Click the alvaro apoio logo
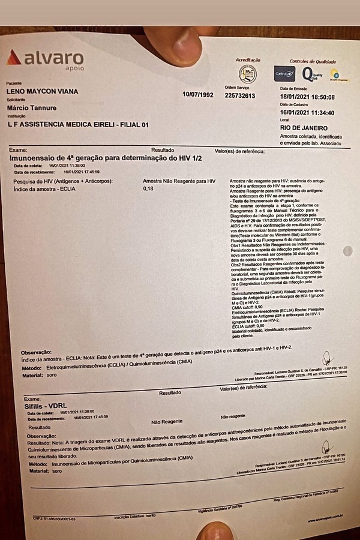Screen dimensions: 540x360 (45, 59)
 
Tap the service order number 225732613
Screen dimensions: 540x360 (240, 95)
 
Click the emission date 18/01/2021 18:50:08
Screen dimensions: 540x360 (307, 97)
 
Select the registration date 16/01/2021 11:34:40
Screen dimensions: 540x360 (307, 113)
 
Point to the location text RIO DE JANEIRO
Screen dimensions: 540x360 (304, 128)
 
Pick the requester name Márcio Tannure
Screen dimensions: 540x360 (32, 107)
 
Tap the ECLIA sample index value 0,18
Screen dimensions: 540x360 (149, 189)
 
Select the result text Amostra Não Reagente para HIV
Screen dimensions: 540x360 (179, 181)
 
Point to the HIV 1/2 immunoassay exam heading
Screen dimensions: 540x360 (105, 158)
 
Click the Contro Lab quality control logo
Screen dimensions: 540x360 (284, 74)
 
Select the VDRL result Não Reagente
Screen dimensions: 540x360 (167, 422)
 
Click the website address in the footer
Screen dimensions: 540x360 (324, 514)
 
